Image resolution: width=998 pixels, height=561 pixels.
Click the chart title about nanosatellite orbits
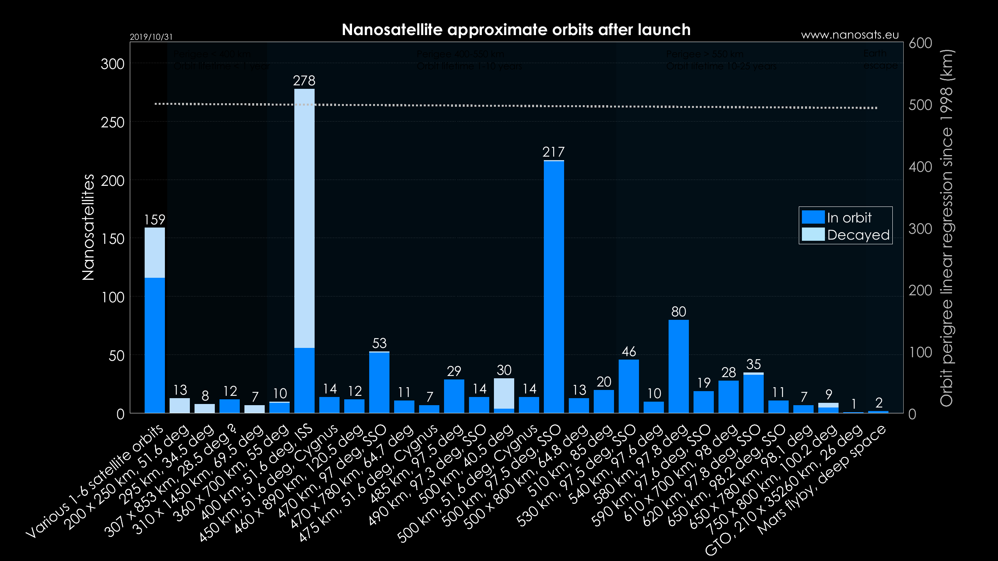pos(516,30)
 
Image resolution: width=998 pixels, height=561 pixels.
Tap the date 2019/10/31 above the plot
pos(151,37)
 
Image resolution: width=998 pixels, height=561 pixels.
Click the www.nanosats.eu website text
pos(849,35)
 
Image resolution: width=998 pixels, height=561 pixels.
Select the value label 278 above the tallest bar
pos(304,81)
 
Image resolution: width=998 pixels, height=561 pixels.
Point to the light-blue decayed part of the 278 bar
pos(304,218)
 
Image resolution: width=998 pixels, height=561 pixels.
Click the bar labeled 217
pos(554,286)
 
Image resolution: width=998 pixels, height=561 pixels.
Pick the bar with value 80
pos(678,366)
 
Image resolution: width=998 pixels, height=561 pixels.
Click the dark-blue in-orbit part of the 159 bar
pos(155,345)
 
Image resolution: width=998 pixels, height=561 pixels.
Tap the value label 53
pos(379,343)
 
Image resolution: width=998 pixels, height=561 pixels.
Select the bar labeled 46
pos(628,386)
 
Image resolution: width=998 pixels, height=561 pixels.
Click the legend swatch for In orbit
pos(813,217)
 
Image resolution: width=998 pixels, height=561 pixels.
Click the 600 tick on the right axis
pos(920,43)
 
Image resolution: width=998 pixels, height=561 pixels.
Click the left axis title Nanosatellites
pos(88,227)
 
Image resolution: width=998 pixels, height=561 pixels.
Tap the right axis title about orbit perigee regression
pos(946,228)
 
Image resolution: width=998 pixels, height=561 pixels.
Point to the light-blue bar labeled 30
pos(504,393)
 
